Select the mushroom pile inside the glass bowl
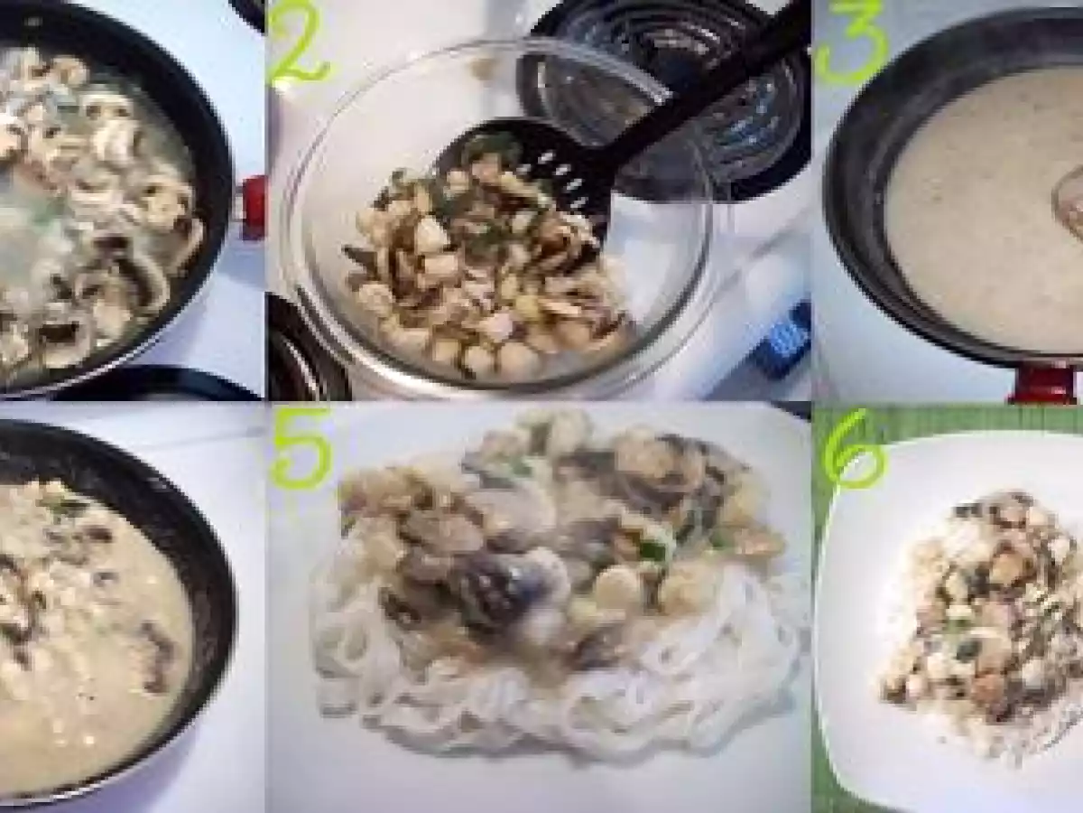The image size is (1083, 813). [x=478, y=271]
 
